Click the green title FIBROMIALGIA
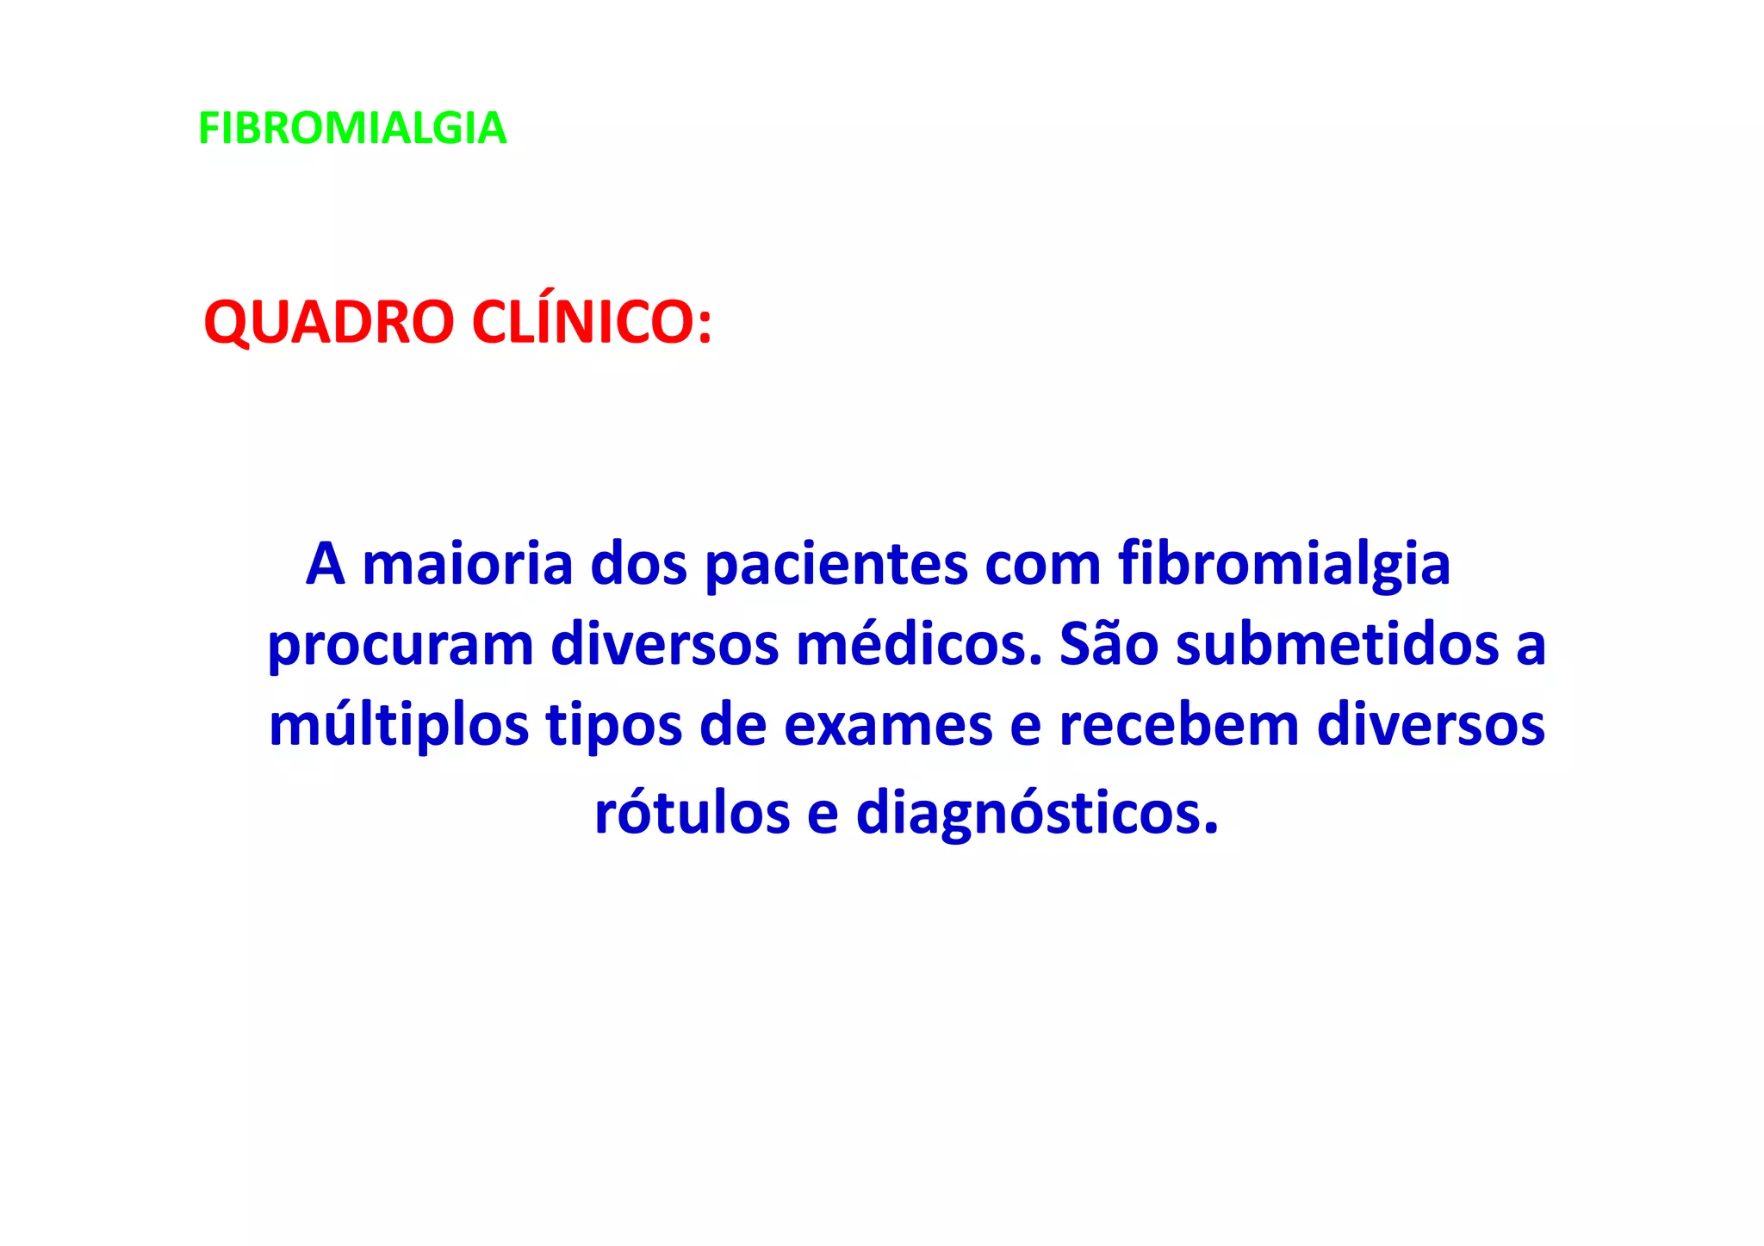click(x=352, y=128)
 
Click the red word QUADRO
click(x=328, y=323)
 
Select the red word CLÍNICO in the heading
click(x=592, y=323)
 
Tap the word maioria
click(x=468, y=565)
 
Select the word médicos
click(x=919, y=644)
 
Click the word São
click(x=1109, y=644)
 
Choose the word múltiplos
click(x=399, y=726)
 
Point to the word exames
click(x=888, y=726)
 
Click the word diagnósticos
click(x=1037, y=815)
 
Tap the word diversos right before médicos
click(x=664, y=644)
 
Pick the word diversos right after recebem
click(x=1432, y=724)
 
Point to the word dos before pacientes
click(x=638, y=565)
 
